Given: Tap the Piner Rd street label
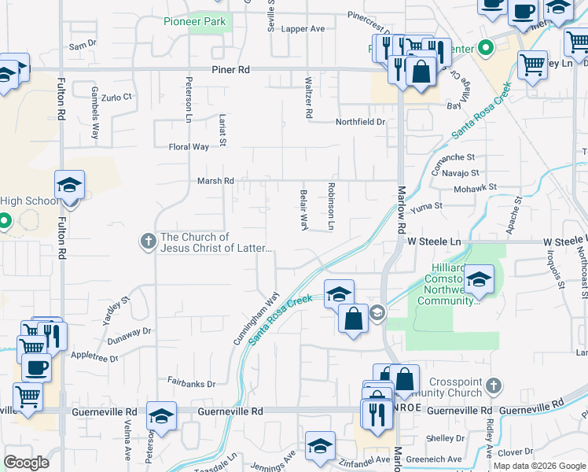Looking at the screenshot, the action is pos(230,70).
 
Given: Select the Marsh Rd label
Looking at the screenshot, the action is pos(215,181).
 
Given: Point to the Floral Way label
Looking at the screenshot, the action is pos(189,147).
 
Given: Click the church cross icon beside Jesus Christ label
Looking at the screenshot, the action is pos(148,242).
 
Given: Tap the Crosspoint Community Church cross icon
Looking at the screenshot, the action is pos(493,385).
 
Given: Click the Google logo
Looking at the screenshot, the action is pos(26,463).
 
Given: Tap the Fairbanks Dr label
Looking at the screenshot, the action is pos(191,384).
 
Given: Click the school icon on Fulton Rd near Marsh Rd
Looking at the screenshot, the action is pos(69,186).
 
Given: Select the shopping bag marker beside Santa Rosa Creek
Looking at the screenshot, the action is pos(354,319).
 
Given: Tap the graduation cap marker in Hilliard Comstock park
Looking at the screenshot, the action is pos(478,278).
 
